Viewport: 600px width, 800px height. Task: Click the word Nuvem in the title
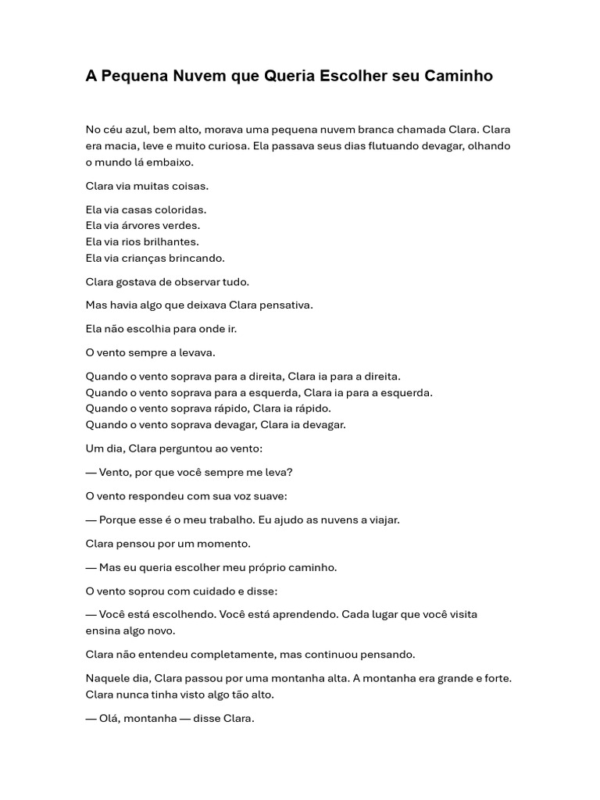point(181,76)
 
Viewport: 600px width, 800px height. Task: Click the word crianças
point(141,258)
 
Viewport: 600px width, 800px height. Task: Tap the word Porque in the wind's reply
point(116,520)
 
